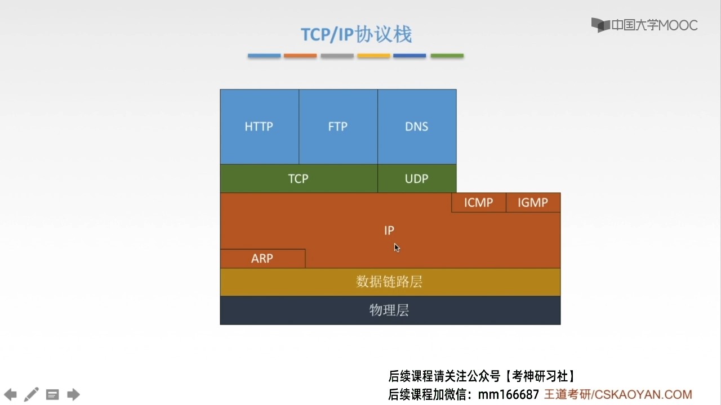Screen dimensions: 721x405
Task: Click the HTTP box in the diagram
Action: [x=260, y=127]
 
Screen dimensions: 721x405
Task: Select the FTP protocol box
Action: [x=339, y=127]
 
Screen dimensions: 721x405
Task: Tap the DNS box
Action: [x=417, y=127]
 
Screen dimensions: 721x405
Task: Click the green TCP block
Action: [x=299, y=179]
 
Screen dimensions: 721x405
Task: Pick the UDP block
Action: [x=417, y=179]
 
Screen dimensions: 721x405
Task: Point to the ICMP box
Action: [x=479, y=202]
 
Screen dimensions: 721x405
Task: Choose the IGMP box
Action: [x=533, y=202]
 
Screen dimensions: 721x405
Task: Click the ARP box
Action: [x=262, y=258]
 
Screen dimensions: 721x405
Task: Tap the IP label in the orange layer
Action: [x=389, y=231]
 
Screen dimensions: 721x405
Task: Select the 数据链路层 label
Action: [x=389, y=282]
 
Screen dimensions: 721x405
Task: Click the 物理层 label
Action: [x=389, y=310]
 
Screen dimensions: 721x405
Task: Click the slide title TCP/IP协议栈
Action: [x=357, y=34]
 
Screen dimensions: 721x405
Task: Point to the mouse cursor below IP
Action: [x=397, y=248]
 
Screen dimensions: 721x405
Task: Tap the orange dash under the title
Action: [x=300, y=56]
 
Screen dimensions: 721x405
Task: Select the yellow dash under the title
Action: [x=373, y=56]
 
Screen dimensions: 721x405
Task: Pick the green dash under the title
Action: [x=447, y=56]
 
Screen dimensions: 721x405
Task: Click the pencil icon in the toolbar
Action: [x=31, y=394]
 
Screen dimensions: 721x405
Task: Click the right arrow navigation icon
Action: [x=73, y=394]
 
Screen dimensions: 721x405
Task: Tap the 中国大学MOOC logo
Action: [x=644, y=25]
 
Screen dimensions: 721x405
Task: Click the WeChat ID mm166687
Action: [x=509, y=394]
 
